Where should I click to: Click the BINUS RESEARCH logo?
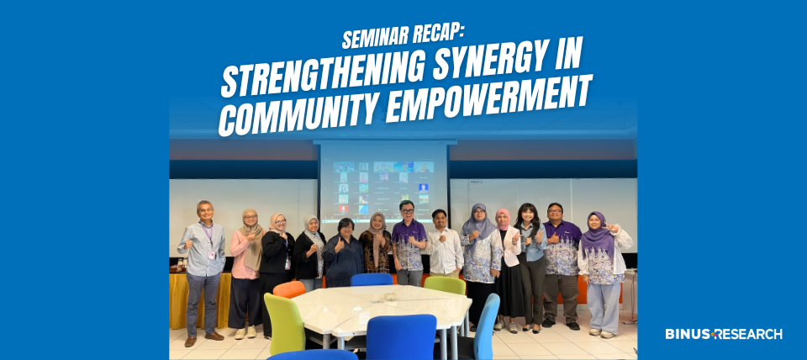coord(724,334)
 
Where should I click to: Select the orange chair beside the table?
coord(289,290)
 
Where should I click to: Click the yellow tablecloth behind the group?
coord(200,299)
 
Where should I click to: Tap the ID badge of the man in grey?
coord(211,254)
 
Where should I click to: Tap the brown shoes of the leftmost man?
coord(203,339)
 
